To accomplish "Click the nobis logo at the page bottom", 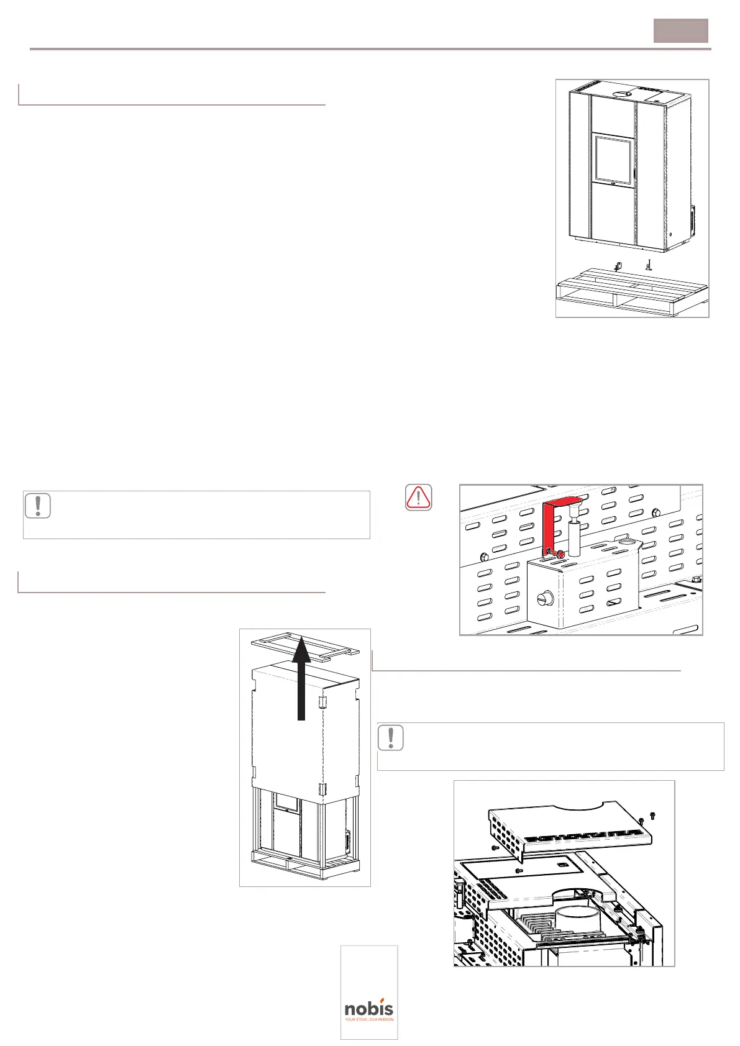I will (369, 1009).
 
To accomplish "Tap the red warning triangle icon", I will (418, 498).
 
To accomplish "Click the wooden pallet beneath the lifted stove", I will (631, 291).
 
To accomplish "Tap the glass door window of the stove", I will (613, 160).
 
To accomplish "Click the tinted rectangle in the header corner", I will (680, 30).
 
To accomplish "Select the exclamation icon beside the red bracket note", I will (38, 506).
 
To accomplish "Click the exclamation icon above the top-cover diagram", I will (390, 737).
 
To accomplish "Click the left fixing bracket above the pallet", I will (617, 266).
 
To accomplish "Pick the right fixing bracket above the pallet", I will (648, 265).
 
